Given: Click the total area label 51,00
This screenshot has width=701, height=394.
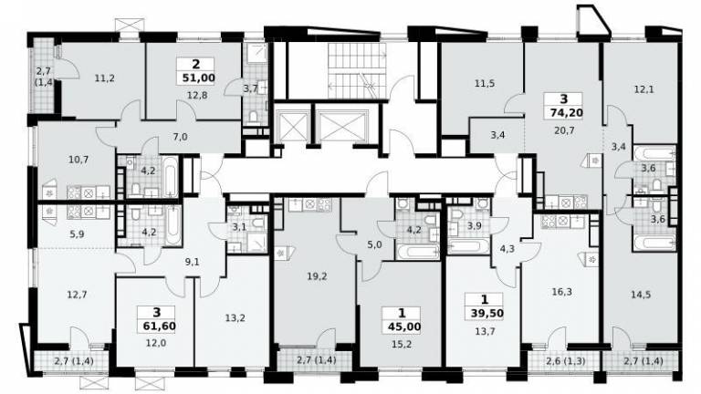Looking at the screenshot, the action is click(198, 78).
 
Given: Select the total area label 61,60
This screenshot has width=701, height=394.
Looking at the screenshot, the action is click(160, 327).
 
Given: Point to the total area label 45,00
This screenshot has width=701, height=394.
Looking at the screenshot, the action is click(404, 327).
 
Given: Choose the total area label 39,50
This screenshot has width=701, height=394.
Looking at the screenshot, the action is click(487, 313).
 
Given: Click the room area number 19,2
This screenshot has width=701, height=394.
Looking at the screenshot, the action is click(317, 276).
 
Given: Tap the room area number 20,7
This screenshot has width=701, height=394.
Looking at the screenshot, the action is click(564, 131).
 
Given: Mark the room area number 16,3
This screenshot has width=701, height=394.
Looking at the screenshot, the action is click(562, 292).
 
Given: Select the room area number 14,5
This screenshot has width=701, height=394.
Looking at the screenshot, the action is click(641, 295).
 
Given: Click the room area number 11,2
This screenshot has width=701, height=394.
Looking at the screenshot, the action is click(105, 78).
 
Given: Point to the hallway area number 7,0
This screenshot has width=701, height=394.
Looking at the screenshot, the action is click(180, 137).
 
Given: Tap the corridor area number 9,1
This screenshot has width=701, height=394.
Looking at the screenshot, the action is click(193, 263).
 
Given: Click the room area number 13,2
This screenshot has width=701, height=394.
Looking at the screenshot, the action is click(235, 317).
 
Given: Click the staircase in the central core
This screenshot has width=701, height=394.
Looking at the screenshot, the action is click(356, 70).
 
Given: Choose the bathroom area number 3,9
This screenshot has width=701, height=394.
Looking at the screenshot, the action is click(474, 226).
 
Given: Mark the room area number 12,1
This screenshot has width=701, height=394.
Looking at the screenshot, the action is click(643, 89).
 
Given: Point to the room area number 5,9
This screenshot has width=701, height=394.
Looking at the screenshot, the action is click(78, 233).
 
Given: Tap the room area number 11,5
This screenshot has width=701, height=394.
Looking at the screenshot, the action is click(485, 83).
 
